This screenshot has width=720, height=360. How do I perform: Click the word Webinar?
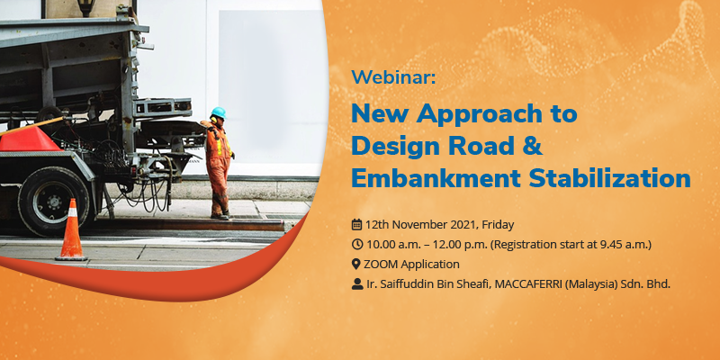(x=393, y=76)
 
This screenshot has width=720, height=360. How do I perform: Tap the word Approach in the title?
(x=476, y=115)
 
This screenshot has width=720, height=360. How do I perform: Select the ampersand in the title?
(x=532, y=146)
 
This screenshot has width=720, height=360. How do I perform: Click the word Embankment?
(x=436, y=177)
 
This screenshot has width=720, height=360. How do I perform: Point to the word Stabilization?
(x=610, y=177)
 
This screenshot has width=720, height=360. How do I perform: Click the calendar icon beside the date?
(x=356, y=224)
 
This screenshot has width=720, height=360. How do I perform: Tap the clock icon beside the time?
(x=356, y=244)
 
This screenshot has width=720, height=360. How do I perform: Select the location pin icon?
(x=355, y=264)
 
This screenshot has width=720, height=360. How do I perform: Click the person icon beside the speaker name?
(x=356, y=284)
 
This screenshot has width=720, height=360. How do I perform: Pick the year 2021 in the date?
(x=463, y=225)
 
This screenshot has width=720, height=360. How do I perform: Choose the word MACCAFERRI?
(x=529, y=284)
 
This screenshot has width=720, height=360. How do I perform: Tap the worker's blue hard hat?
(x=219, y=112)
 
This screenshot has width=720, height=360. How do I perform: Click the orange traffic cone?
(x=71, y=229)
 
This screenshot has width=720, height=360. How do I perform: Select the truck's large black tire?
(x=54, y=202)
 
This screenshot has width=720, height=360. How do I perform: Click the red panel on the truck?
(x=29, y=139)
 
